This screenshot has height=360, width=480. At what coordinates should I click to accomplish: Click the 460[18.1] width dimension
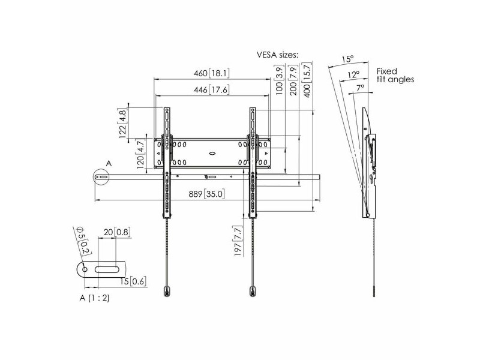[212, 73]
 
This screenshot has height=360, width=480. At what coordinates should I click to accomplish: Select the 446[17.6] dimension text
[212, 89]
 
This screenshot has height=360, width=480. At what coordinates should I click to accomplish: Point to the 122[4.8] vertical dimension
[122, 123]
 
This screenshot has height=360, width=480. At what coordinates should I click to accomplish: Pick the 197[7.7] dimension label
[238, 241]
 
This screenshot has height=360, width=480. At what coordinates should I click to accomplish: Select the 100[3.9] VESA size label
[280, 80]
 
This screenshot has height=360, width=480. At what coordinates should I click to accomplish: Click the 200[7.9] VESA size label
[293, 80]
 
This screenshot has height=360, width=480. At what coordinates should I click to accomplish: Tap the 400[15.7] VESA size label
[307, 80]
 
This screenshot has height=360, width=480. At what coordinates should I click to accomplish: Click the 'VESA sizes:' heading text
[277, 55]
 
